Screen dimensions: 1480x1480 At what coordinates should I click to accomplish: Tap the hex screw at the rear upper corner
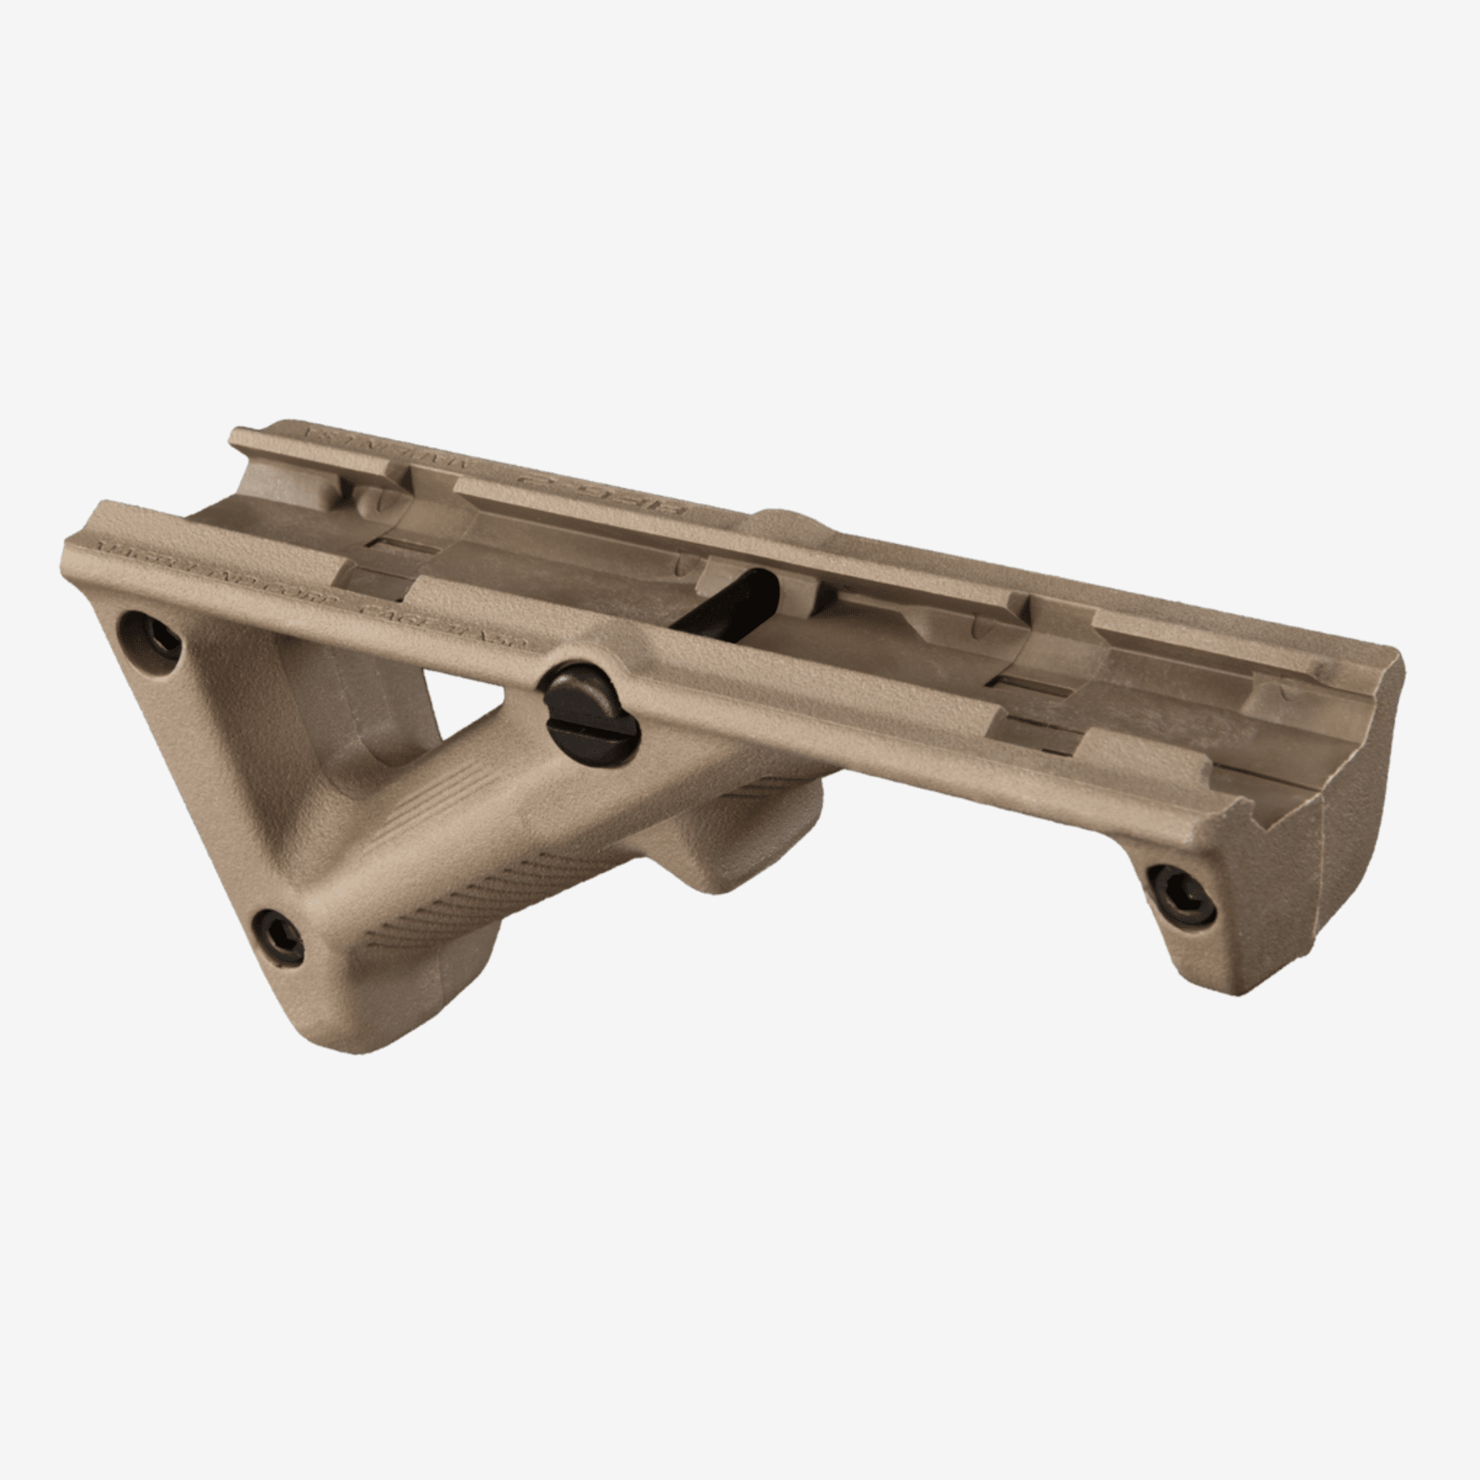click(151, 638)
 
